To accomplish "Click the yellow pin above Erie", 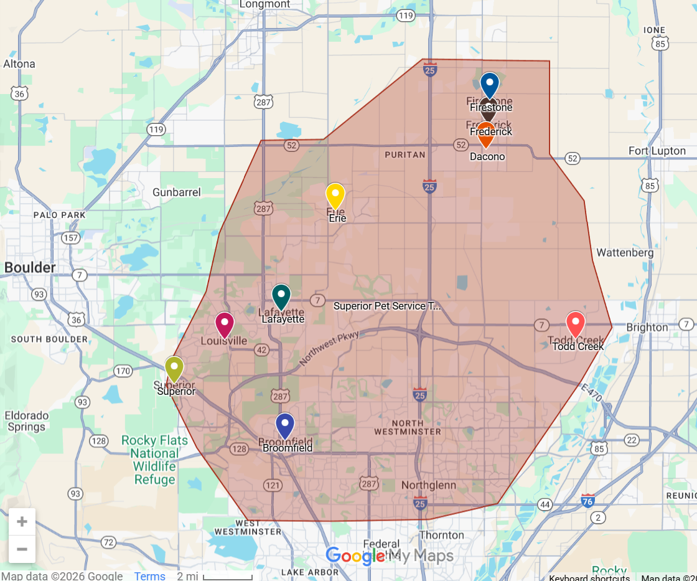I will [335, 195].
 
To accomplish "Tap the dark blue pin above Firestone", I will [490, 84].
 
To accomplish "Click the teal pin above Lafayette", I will [281, 296].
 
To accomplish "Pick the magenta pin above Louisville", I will [225, 324].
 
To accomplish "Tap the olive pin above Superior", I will [174, 368].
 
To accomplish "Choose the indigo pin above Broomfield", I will [285, 425].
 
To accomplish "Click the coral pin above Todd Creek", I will [576, 324].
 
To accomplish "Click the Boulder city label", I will [30, 268].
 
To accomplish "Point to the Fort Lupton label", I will [657, 151].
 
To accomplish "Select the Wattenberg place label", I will [625, 253].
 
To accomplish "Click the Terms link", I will [149, 576].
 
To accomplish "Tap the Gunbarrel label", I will [177, 192].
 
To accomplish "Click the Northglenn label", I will [428, 485].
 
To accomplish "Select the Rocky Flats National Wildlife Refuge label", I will [154, 460].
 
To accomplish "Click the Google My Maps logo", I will [389, 555].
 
